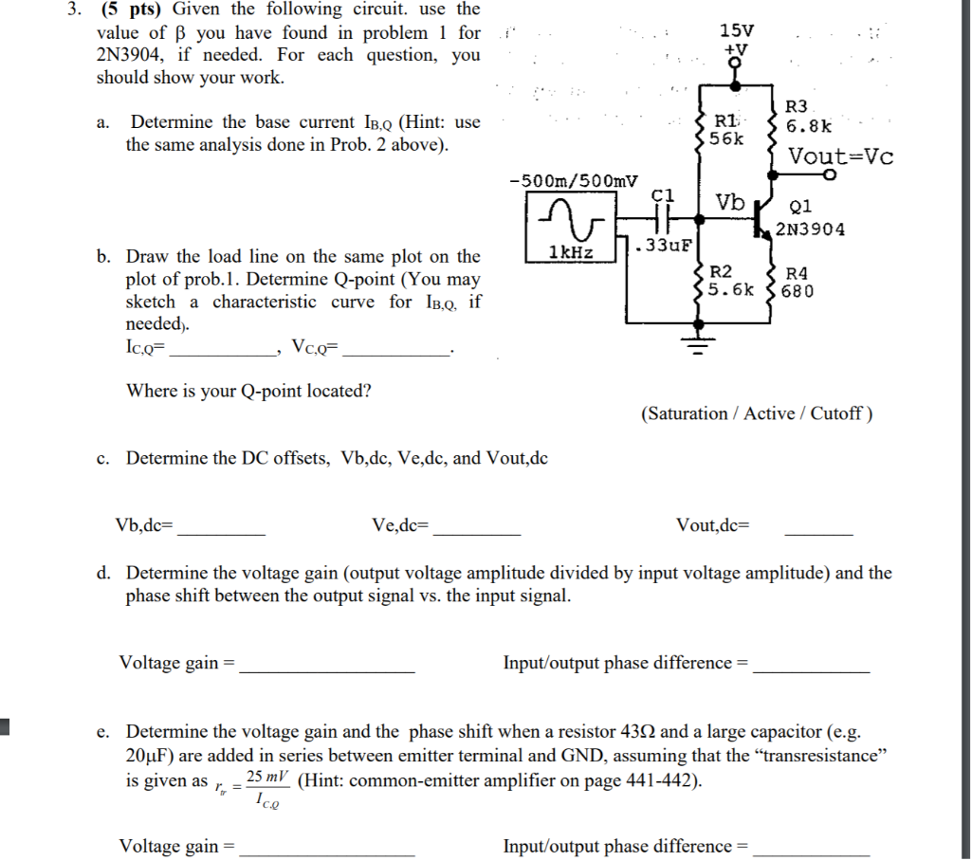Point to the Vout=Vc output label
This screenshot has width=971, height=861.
(840, 156)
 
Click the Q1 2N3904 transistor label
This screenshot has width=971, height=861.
(809, 218)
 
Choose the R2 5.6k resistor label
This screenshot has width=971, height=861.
(733, 281)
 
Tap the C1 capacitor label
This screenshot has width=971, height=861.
(663, 194)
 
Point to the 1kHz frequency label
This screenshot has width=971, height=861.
(571, 252)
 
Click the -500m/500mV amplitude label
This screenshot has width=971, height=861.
(573, 180)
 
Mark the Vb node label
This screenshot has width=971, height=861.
(730, 201)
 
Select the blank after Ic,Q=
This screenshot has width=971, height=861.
(221, 353)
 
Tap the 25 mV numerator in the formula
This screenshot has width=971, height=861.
(267, 777)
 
